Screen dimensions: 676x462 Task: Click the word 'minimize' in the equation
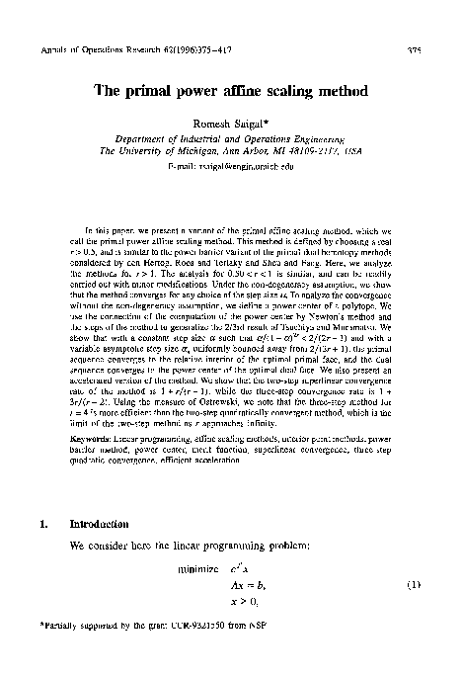click(198, 570)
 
